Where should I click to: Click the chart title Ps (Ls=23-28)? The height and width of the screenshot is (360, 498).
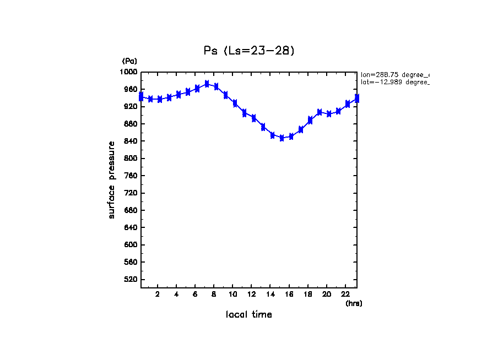[249, 51]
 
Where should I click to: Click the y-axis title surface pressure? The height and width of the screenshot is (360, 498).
[112, 179]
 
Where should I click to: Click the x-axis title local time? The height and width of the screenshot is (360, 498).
[248, 314]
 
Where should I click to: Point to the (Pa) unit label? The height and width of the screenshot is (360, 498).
[129, 61]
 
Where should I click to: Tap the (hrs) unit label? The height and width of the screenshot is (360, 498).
[354, 303]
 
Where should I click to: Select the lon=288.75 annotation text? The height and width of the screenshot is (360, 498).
[394, 74]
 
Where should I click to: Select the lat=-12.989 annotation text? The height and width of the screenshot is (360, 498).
[394, 82]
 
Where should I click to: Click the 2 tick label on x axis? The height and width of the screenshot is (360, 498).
[158, 294]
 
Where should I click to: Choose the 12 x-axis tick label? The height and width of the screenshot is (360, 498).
[252, 294]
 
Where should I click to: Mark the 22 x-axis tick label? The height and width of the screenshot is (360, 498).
[345, 294]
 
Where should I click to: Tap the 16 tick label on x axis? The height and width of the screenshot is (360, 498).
[289, 294]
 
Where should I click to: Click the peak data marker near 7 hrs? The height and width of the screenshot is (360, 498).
[207, 84]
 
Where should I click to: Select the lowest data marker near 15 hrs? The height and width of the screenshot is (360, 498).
[282, 138]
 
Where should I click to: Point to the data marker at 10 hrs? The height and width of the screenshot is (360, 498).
[235, 103]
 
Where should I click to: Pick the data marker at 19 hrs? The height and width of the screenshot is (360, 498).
[320, 112]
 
